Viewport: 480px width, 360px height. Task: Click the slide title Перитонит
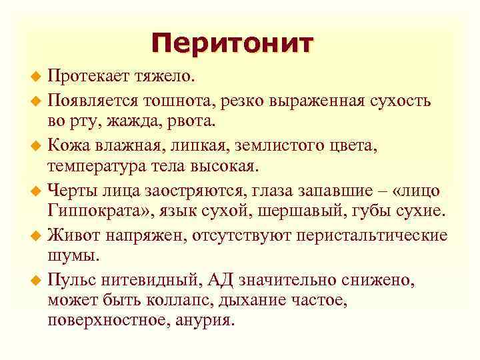(x=231, y=44)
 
